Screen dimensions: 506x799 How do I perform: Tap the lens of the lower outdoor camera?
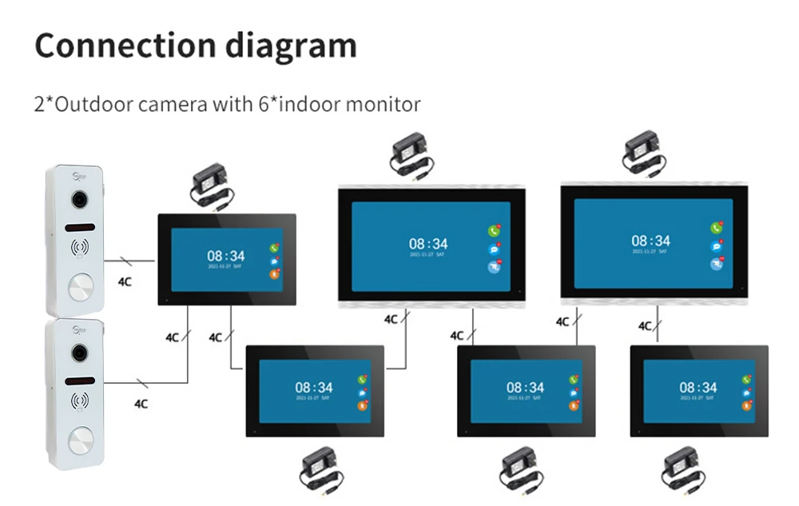pyautogui.click(x=79, y=352)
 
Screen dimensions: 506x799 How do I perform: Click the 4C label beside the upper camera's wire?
pyautogui.click(x=125, y=281)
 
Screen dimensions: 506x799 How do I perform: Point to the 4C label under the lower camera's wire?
pyautogui.click(x=141, y=404)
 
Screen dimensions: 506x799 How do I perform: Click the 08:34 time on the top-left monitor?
pyautogui.click(x=226, y=256)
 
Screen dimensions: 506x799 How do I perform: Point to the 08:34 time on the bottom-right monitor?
pyautogui.click(x=698, y=388)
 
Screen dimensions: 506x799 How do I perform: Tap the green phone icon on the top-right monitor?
pyautogui.click(x=717, y=228)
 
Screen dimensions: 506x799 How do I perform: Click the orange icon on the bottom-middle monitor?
pyautogui.click(x=574, y=406)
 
